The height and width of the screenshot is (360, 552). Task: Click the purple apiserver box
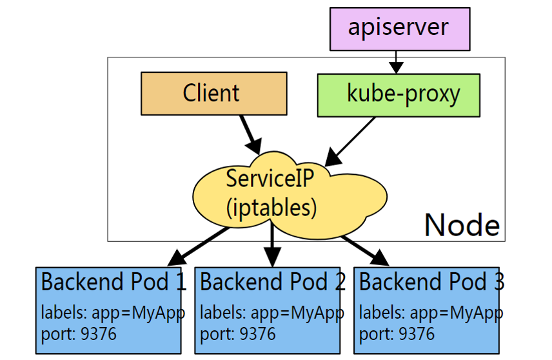tap(397, 29)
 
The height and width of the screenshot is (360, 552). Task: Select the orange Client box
tap(213, 94)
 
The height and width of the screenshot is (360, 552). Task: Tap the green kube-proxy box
tap(399, 95)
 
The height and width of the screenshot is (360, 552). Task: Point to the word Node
tap(462, 225)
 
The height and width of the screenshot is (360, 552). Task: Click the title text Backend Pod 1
tap(113, 282)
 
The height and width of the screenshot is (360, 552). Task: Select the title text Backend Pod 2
tap(273, 282)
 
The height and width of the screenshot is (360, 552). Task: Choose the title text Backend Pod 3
tap(431, 282)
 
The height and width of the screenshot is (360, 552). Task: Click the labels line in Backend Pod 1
tap(113, 313)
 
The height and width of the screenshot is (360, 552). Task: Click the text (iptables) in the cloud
tap(271, 207)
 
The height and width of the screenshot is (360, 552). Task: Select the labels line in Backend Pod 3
tap(431, 313)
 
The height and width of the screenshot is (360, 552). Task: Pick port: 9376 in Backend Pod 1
tap(79, 334)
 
